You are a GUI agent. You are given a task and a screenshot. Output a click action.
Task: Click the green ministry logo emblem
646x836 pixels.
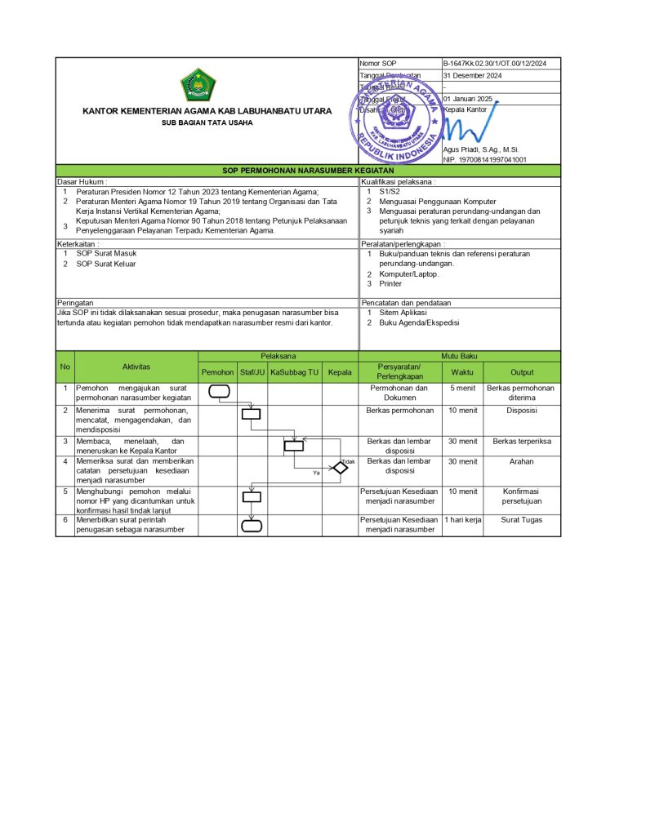(198, 85)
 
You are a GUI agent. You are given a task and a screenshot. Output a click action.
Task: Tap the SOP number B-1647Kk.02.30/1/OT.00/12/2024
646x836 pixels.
(495, 64)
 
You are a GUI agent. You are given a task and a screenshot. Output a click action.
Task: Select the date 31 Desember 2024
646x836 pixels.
(473, 76)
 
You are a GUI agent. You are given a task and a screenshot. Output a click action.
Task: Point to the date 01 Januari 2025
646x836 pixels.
(468, 99)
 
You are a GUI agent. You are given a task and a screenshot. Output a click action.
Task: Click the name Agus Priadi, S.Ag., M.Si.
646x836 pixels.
(481, 149)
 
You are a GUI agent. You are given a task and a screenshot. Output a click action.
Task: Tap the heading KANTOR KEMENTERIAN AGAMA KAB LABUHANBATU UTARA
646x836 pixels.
(207, 112)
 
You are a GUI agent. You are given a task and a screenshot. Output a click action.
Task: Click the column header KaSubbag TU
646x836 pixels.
(294, 372)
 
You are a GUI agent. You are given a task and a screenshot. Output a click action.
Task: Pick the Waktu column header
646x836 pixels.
(462, 372)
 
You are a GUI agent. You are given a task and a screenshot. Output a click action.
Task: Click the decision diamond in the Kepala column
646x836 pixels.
(340, 468)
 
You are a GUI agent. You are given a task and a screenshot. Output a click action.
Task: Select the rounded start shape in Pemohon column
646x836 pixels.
(219, 391)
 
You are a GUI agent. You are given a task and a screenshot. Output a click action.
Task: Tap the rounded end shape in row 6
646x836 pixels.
(252, 525)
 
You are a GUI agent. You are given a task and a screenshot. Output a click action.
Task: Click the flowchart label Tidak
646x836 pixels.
(349, 461)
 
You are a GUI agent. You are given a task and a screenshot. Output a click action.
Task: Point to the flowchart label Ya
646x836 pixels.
(316, 473)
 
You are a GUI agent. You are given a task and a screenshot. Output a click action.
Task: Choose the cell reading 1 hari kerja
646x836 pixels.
(462, 520)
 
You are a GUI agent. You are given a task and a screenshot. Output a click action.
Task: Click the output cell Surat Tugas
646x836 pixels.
(521, 520)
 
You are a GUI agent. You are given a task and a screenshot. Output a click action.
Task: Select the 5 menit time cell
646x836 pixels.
(462, 389)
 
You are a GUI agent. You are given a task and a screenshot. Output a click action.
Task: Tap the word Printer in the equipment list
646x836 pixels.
(390, 284)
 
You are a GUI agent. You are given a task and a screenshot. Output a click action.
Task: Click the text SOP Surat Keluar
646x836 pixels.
(106, 264)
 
